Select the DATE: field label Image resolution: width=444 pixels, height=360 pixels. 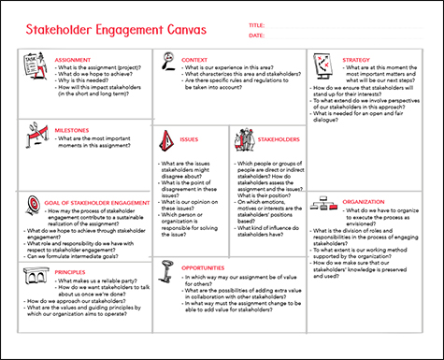[257, 35]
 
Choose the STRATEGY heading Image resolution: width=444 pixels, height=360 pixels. [357, 58]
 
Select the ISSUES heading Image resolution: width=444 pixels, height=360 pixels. [189, 139]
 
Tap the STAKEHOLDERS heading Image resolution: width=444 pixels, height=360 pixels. [279, 139]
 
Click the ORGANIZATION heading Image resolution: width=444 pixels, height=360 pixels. [364, 200]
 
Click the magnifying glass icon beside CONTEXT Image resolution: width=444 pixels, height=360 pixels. [168, 62]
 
